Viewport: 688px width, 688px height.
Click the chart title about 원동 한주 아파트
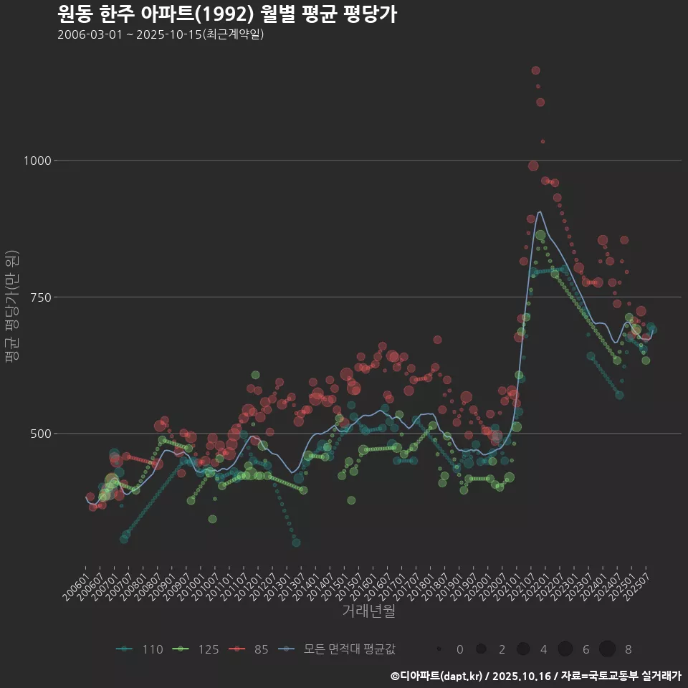[226, 14]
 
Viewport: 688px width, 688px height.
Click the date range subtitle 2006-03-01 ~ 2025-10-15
[161, 34]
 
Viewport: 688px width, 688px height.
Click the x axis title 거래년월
[368, 611]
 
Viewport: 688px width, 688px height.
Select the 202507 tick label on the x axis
[638, 583]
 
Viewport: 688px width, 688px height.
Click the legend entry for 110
[140, 649]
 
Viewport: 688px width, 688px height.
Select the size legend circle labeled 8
[607, 649]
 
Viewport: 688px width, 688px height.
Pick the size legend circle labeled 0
[439, 649]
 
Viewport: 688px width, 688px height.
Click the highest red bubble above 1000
[535, 70]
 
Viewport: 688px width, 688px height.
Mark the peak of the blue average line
[540, 211]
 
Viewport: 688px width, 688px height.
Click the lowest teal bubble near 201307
[296, 543]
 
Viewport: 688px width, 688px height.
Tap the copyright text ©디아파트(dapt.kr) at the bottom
[437, 675]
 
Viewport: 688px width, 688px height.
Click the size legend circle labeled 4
[523, 649]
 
